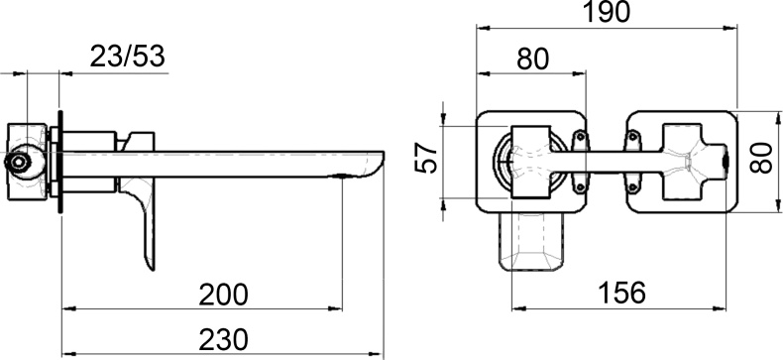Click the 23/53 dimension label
[x=127, y=57]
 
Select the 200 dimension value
[x=223, y=295]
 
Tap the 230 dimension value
[x=223, y=340]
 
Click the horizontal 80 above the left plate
[x=533, y=59]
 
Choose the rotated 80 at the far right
[x=762, y=157]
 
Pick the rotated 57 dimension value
[x=426, y=158]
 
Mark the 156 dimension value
[x=621, y=293]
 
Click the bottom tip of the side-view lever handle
[x=153, y=270]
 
